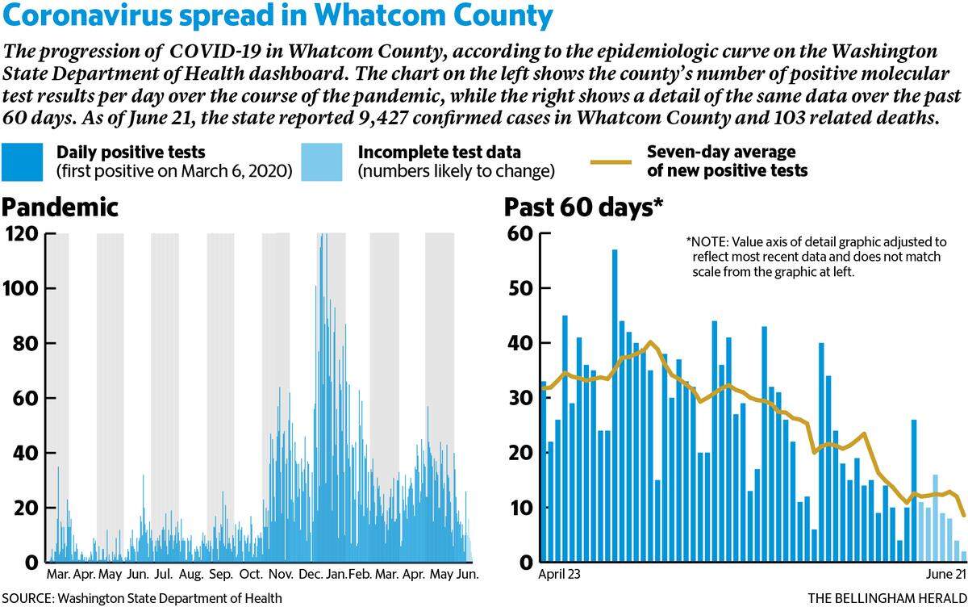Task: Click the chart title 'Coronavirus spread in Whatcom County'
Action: pos(277,16)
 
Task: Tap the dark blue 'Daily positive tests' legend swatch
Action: pos(22,161)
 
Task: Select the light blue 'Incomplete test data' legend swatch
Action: pos(322,161)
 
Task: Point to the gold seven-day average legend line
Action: pos(611,162)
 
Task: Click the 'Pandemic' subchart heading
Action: pos(60,207)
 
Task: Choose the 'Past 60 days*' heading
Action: pos(583,207)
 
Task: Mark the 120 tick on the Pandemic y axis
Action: pos(22,234)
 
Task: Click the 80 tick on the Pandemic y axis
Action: pos(25,343)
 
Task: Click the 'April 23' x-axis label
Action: pos(559,574)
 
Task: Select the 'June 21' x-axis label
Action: pos(945,574)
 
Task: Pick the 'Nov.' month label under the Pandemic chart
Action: pos(281,574)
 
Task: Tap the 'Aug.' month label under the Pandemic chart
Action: pos(191,575)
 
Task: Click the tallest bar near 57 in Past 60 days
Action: pos(615,405)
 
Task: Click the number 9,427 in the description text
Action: pos(383,118)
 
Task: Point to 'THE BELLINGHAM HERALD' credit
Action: pos(887,598)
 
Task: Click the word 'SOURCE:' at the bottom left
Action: pos(28,598)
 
